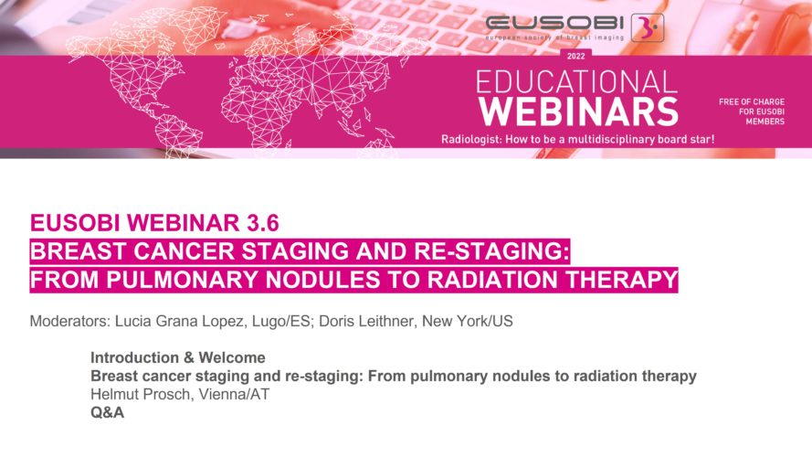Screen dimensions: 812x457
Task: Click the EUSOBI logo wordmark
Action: click(x=554, y=23)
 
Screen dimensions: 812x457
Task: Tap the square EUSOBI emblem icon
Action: click(x=648, y=28)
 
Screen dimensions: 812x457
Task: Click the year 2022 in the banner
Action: click(x=575, y=56)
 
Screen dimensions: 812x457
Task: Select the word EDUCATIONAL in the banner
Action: click(x=576, y=82)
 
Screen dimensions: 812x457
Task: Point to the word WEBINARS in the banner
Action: click(x=578, y=112)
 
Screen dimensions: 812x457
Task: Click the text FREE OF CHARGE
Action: click(x=752, y=102)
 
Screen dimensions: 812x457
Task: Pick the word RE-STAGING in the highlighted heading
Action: click(x=490, y=251)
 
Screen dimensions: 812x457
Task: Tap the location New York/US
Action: click(x=468, y=321)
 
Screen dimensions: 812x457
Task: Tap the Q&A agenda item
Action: click(x=107, y=412)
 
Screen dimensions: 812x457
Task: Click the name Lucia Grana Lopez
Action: click(x=179, y=321)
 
